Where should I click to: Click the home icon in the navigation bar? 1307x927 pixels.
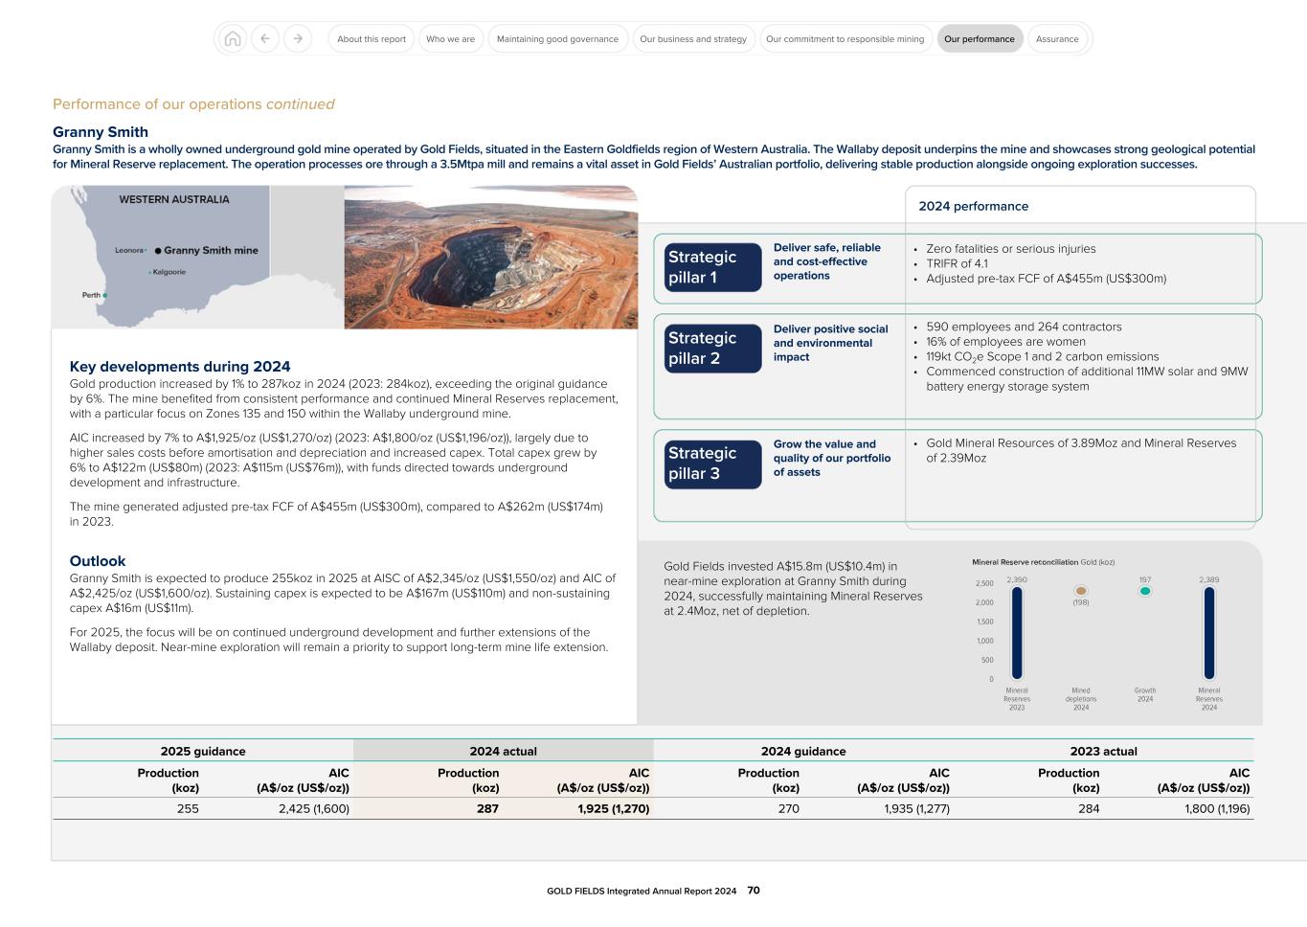tap(232, 39)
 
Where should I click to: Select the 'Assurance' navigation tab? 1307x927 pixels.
tap(1057, 39)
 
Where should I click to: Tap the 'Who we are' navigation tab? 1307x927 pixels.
tap(450, 39)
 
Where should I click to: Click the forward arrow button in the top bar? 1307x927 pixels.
tap(298, 39)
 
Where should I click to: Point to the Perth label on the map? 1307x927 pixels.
tap(91, 295)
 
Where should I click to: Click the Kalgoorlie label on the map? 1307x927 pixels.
tap(169, 272)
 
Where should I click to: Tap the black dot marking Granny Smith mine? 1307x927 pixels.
tap(158, 251)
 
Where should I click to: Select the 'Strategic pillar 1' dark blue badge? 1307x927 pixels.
tap(712, 267)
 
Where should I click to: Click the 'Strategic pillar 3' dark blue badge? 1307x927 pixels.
tap(712, 463)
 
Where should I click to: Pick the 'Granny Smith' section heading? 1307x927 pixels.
tap(101, 132)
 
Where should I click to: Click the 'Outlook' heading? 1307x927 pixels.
tap(98, 561)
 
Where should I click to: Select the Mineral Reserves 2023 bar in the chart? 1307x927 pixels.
tap(1017, 633)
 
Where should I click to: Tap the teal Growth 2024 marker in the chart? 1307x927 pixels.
tap(1144, 592)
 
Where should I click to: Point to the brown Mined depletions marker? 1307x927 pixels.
tap(1081, 592)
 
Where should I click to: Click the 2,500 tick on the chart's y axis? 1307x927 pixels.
tap(984, 583)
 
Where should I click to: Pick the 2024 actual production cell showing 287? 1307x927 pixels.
tap(487, 808)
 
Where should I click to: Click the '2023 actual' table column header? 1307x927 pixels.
tap(1103, 752)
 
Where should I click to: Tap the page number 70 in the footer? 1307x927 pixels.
tap(754, 891)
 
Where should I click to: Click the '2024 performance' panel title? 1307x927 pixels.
tap(973, 206)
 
